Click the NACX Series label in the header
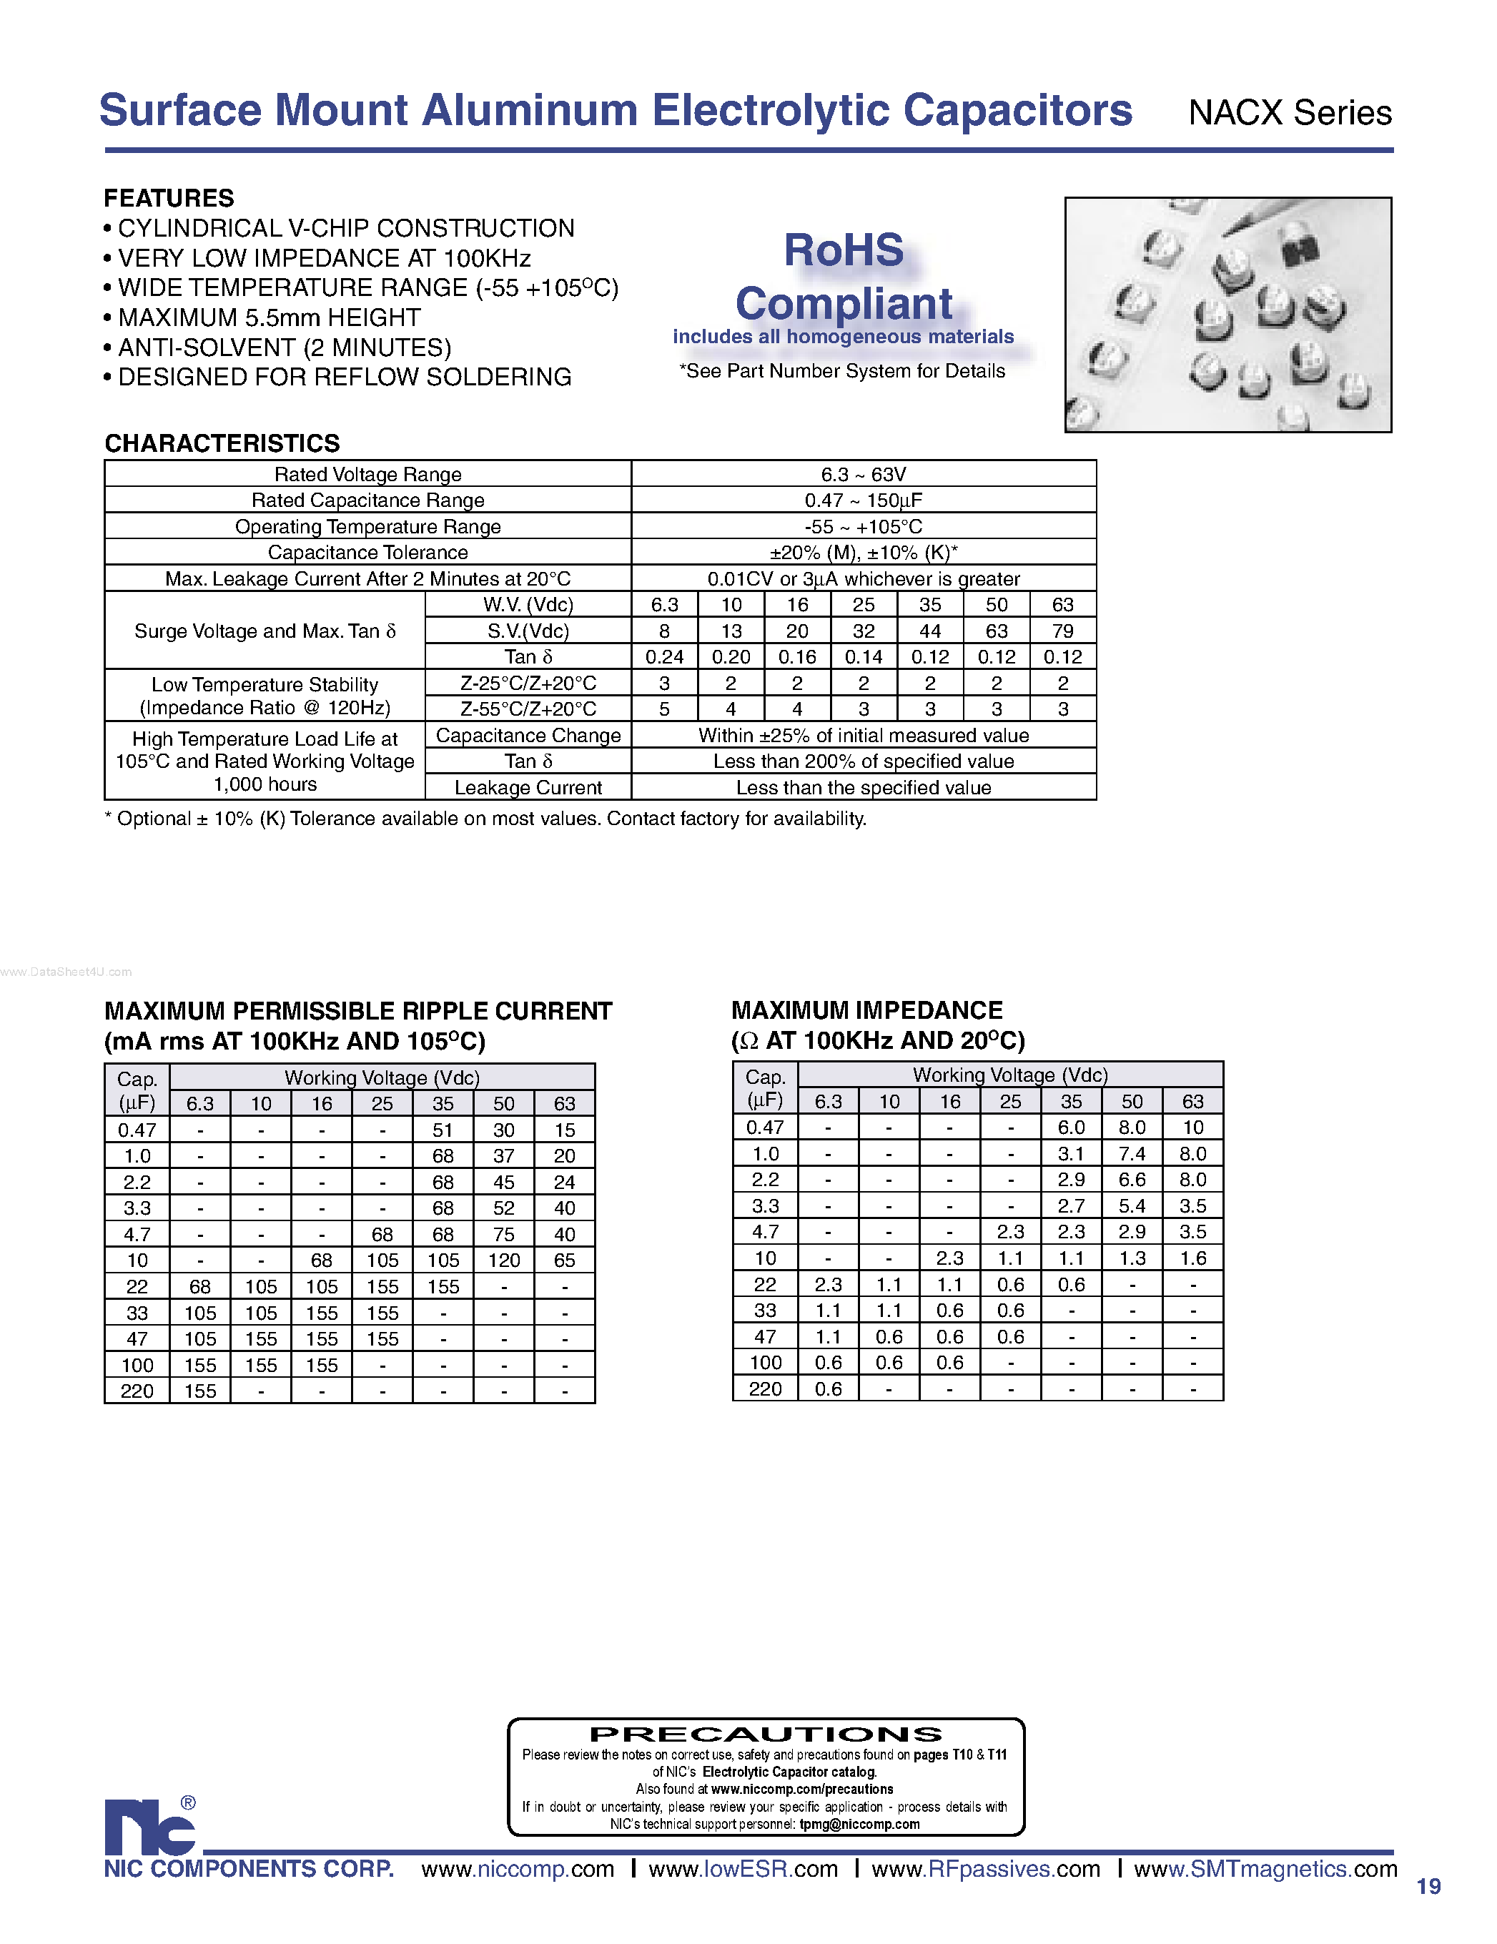1290,113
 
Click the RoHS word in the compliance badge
843,250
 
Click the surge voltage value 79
1062,631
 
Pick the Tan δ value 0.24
664,657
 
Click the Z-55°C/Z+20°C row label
528,709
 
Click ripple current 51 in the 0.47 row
443,1130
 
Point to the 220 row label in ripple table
137,1391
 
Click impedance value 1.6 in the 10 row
1192,1258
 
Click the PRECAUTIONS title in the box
766,1734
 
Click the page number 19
1428,1886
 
